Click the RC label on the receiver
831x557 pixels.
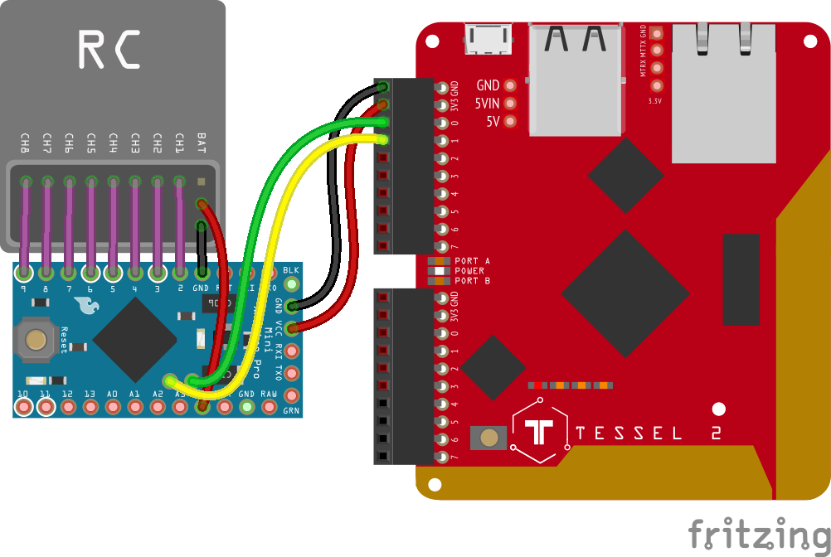(109, 50)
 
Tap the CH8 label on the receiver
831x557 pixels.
(26, 143)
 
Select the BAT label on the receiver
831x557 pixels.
(202, 143)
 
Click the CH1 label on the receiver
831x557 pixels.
(179, 143)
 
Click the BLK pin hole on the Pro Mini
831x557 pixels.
(291, 288)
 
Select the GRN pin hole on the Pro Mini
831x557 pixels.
(291, 395)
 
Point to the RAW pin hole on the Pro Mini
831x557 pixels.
(269, 407)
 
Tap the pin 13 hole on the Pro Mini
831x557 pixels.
(90, 407)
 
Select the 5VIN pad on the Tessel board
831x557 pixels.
(510, 104)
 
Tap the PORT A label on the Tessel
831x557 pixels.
(472, 261)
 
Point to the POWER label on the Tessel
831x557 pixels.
(469, 271)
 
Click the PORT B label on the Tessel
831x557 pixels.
(472, 281)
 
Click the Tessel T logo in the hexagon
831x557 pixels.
(540, 433)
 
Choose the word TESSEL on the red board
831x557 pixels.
(628, 433)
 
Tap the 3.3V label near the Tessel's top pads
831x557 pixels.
(654, 101)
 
